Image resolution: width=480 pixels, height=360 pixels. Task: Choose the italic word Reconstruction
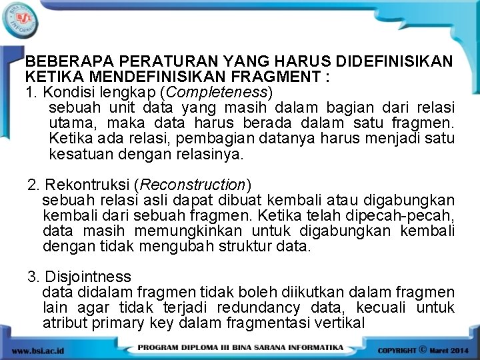[193, 184]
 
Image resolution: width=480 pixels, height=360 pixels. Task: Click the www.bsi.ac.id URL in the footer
[39, 350]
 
